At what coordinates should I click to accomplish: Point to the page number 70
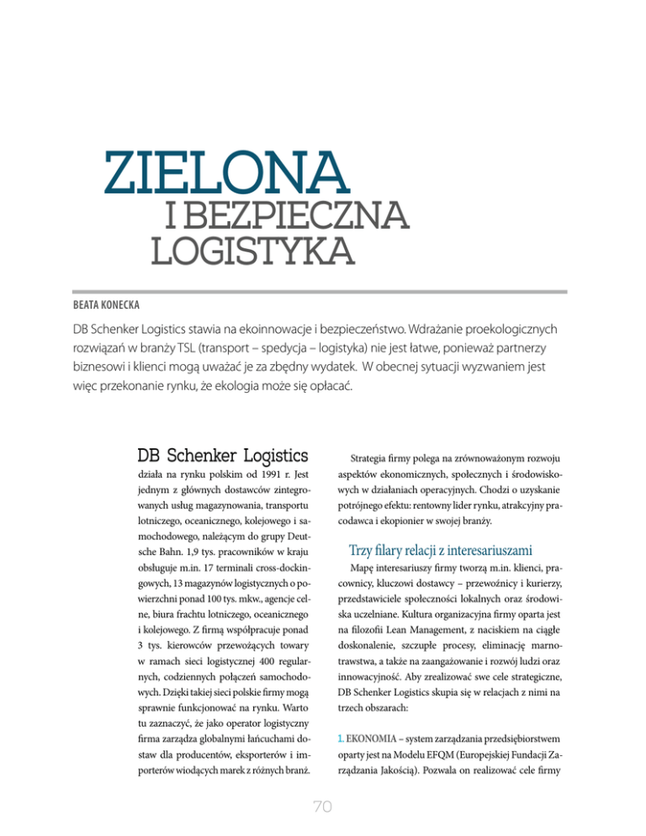323,807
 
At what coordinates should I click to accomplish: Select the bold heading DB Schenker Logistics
221,456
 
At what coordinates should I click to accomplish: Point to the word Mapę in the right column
362,576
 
